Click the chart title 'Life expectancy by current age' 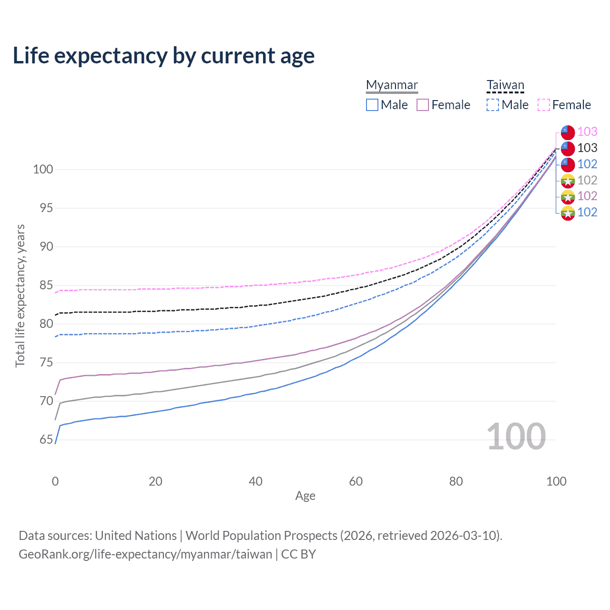[163, 56]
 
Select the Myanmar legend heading [392, 85]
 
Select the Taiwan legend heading [505, 85]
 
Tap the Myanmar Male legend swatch [372, 105]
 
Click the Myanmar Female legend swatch [423, 105]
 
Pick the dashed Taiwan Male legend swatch [493, 105]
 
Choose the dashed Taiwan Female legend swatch [544, 105]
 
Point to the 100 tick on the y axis [43, 169]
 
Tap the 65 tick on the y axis [46, 439]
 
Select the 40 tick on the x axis [255, 481]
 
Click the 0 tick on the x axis [55, 481]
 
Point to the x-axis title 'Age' [305, 496]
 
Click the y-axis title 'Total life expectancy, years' [20, 295]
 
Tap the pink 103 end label [587, 132]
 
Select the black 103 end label [587, 148]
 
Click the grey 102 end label [587, 180]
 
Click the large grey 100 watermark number [516, 437]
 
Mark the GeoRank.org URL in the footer [145, 554]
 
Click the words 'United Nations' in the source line [136, 536]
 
